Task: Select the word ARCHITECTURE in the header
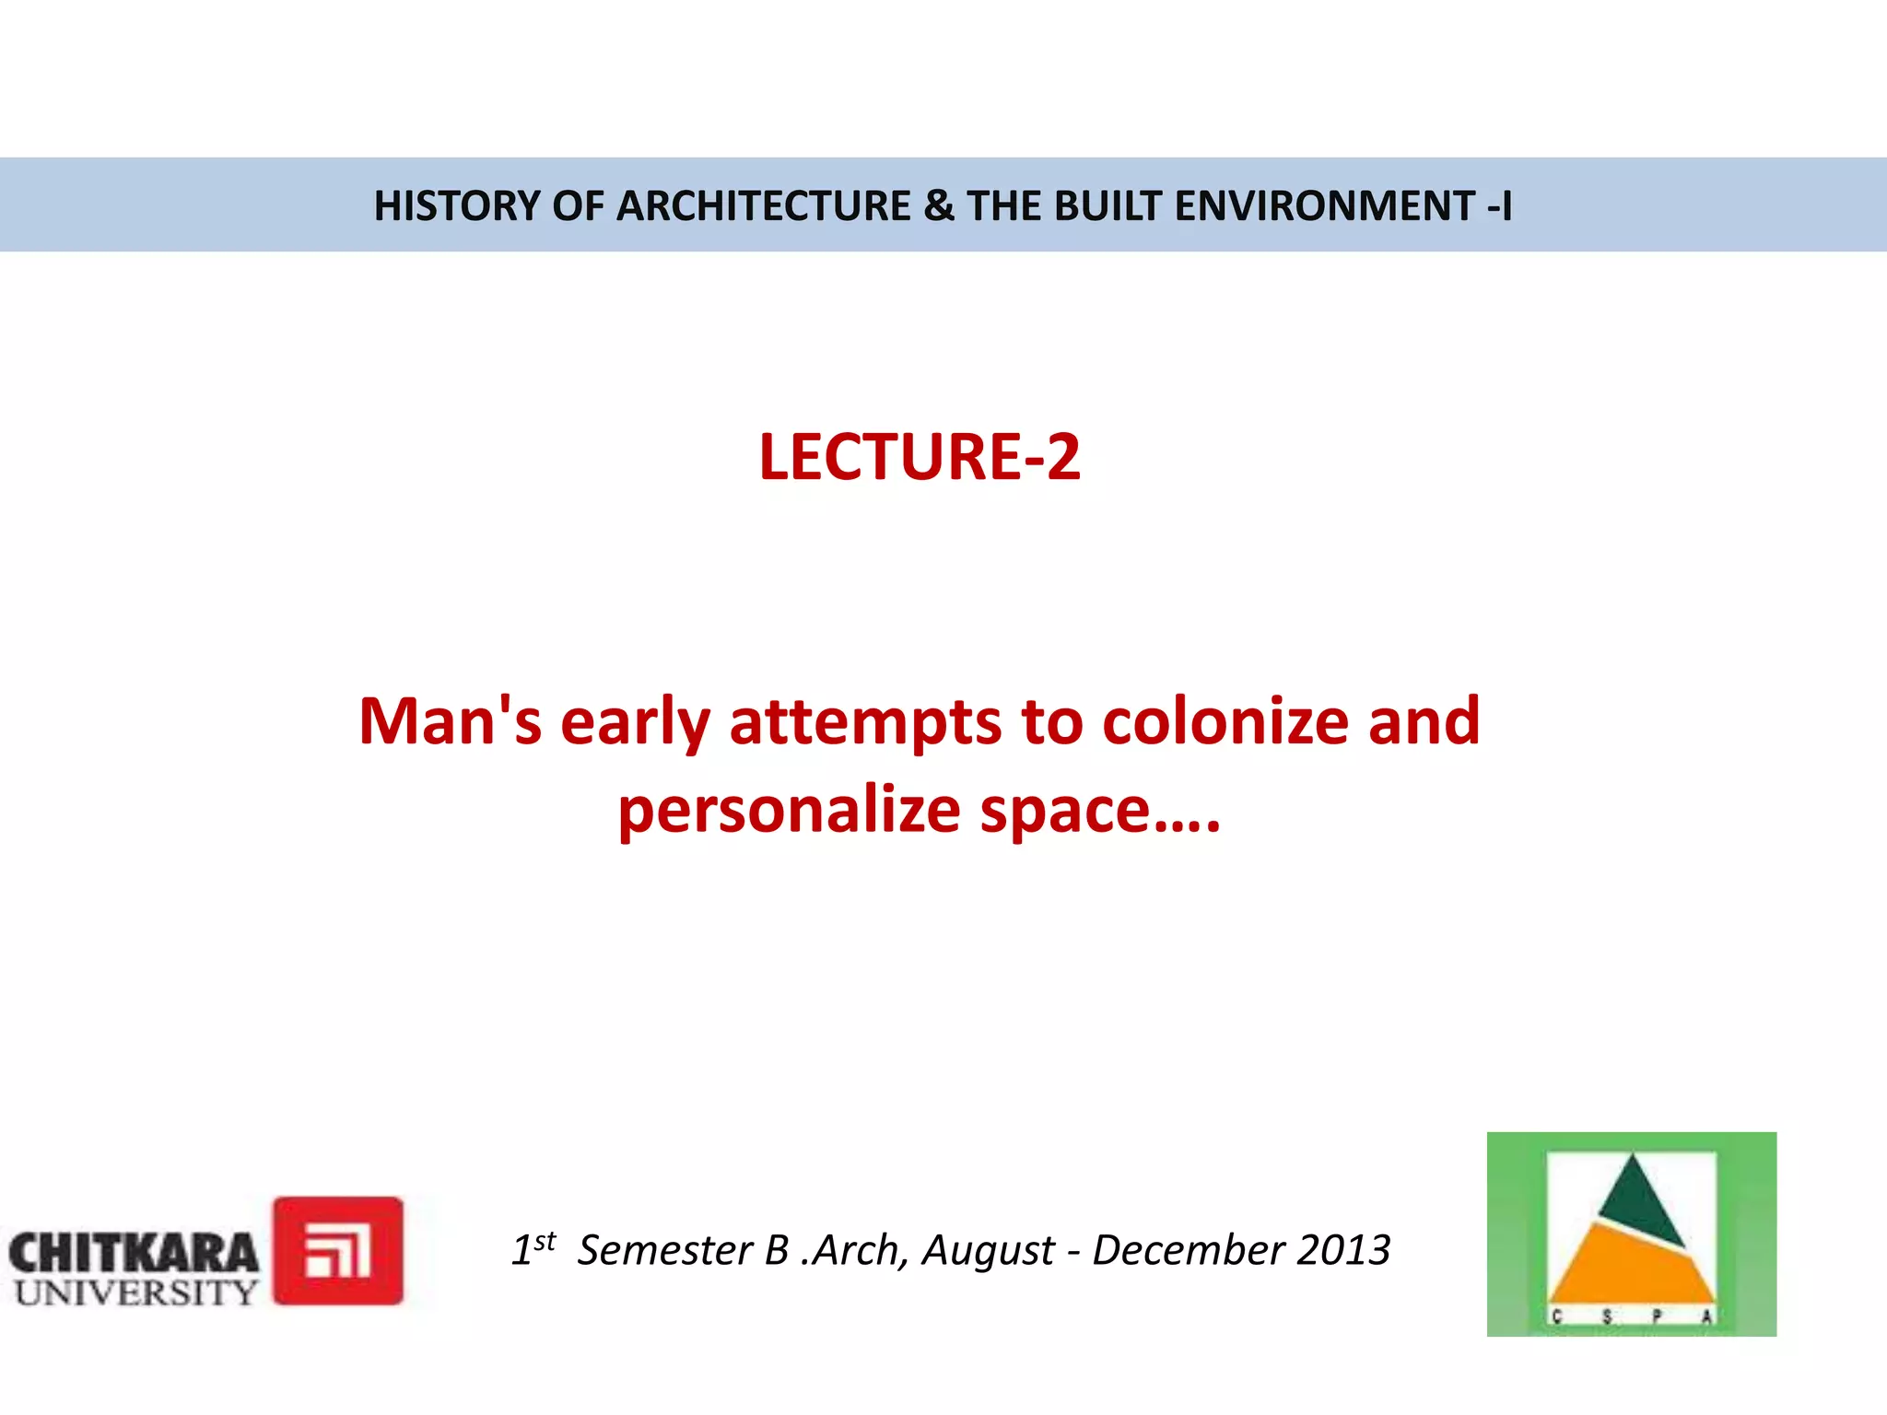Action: (764, 205)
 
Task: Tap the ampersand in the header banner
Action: (938, 205)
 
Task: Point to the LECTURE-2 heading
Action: (920, 457)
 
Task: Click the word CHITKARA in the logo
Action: (134, 1254)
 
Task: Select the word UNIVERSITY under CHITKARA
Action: (135, 1292)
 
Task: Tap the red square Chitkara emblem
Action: (338, 1250)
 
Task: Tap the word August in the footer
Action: (988, 1251)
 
